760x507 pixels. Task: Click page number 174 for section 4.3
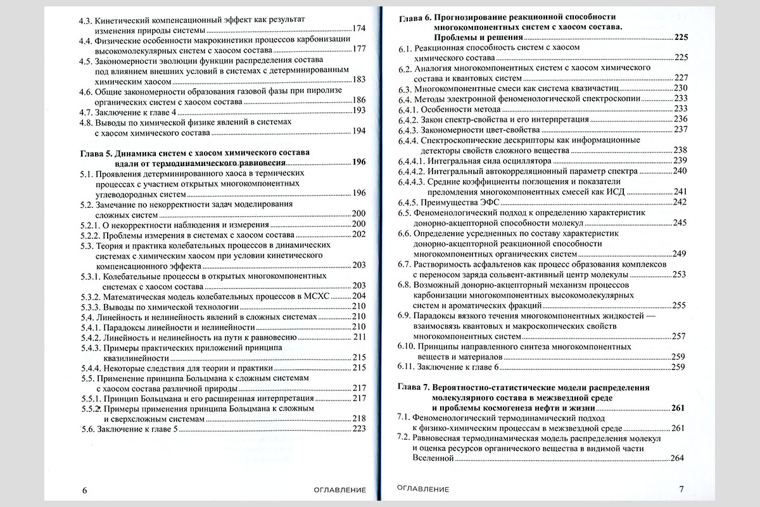(x=359, y=29)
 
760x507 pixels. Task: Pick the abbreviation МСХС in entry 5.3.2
(x=336, y=296)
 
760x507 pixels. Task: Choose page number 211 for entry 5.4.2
(x=360, y=337)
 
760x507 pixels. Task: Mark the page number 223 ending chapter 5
(x=359, y=429)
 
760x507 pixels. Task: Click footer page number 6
(x=85, y=489)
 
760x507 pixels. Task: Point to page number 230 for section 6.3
(x=681, y=87)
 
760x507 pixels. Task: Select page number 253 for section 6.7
(x=679, y=274)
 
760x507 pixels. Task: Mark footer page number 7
(x=681, y=489)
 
